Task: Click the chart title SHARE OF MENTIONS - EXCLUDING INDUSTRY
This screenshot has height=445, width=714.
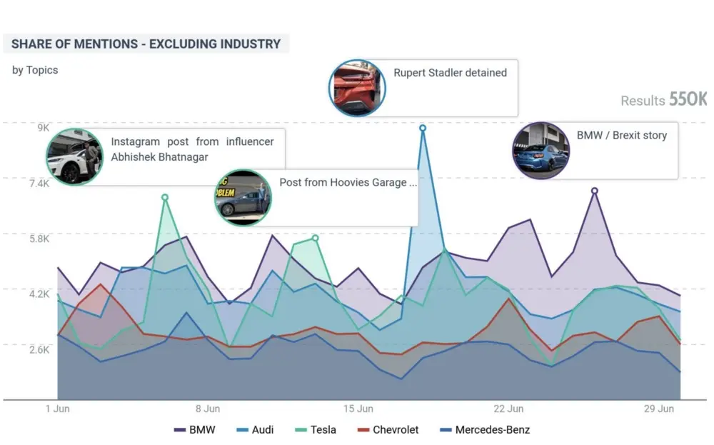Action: click(x=146, y=44)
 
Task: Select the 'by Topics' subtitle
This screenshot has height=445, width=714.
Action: click(x=35, y=70)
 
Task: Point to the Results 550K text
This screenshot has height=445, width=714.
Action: click(x=663, y=100)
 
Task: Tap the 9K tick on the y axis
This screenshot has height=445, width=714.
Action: click(x=43, y=128)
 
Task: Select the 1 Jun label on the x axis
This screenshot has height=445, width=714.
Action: click(x=58, y=409)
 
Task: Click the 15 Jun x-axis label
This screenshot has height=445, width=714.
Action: click(x=358, y=409)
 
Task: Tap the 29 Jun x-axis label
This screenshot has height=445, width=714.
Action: click(x=659, y=409)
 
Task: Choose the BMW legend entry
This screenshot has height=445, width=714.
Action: click(x=195, y=430)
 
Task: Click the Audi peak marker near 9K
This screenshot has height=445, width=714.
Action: click(x=423, y=128)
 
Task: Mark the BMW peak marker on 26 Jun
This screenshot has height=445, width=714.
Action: click(x=595, y=191)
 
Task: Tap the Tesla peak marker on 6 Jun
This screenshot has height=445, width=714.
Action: click(x=165, y=197)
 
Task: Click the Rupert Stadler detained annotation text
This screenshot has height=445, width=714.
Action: click(x=450, y=73)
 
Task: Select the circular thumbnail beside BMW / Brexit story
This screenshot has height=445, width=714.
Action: click(x=541, y=151)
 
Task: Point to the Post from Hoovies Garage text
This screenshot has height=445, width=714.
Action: click(x=348, y=183)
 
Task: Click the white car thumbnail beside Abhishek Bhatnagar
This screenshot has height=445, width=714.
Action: click(x=74, y=157)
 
